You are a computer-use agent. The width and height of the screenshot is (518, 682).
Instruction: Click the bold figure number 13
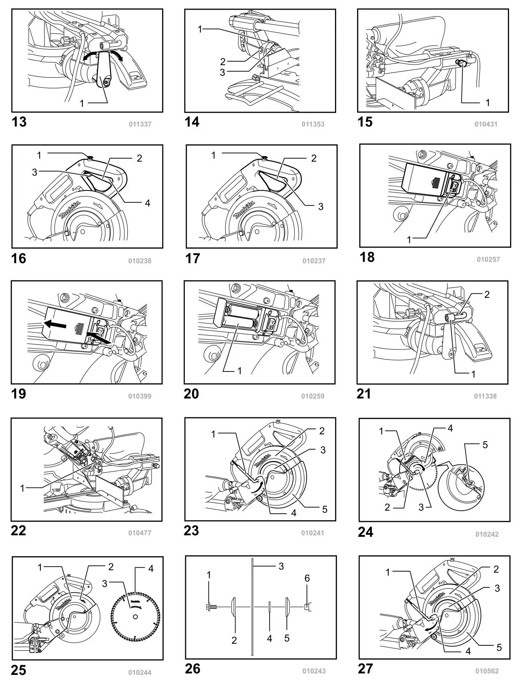click(x=19, y=122)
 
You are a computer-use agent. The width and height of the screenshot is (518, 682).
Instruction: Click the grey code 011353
click(x=313, y=124)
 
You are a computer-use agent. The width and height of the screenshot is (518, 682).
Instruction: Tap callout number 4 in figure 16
click(x=148, y=203)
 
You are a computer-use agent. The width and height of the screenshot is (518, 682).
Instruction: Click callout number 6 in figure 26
click(x=307, y=578)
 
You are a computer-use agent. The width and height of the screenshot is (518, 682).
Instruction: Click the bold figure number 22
click(x=19, y=530)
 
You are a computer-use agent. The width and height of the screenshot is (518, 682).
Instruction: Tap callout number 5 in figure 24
click(x=485, y=445)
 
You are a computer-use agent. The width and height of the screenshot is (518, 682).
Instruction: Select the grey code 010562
click(x=487, y=671)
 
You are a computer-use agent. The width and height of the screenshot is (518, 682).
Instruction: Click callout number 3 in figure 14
click(x=223, y=72)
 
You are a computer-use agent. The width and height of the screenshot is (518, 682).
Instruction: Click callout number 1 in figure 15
click(x=487, y=102)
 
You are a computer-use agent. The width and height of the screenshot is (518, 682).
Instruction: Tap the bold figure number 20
click(x=191, y=394)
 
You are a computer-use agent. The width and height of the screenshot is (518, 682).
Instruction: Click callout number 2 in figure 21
click(x=487, y=295)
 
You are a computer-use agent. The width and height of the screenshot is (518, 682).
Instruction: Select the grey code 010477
click(x=140, y=533)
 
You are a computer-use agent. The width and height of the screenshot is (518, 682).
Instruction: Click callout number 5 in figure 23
click(x=325, y=509)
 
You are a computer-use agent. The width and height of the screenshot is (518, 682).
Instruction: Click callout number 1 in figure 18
click(x=409, y=240)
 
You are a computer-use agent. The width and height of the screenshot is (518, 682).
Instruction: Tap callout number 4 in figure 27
click(x=468, y=651)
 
